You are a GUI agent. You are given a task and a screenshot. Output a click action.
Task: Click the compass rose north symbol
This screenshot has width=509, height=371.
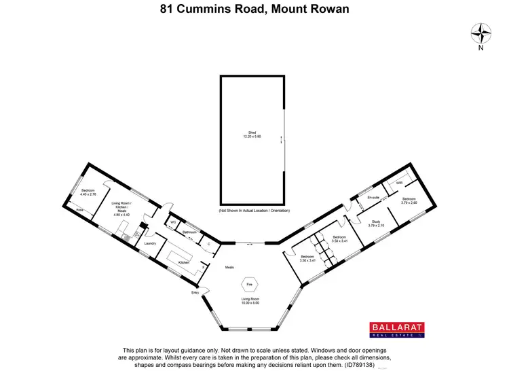click(480, 33)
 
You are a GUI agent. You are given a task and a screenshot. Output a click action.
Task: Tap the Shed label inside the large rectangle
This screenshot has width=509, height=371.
click(252, 135)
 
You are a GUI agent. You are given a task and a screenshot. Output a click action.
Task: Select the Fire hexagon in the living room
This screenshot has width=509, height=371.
click(249, 284)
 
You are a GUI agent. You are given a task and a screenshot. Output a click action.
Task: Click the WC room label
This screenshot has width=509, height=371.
click(174, 222)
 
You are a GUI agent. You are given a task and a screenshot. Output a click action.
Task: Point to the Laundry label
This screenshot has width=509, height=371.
click(151, 243)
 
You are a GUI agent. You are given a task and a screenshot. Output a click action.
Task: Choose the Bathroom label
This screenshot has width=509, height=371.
click(189, 232)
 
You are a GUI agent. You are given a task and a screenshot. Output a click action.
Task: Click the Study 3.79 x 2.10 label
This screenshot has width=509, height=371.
click(376, 224)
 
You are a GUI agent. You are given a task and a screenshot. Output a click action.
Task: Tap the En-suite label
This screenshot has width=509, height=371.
click(373, 198)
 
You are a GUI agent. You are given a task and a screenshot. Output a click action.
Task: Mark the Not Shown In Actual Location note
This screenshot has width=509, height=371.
click(252, 211)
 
